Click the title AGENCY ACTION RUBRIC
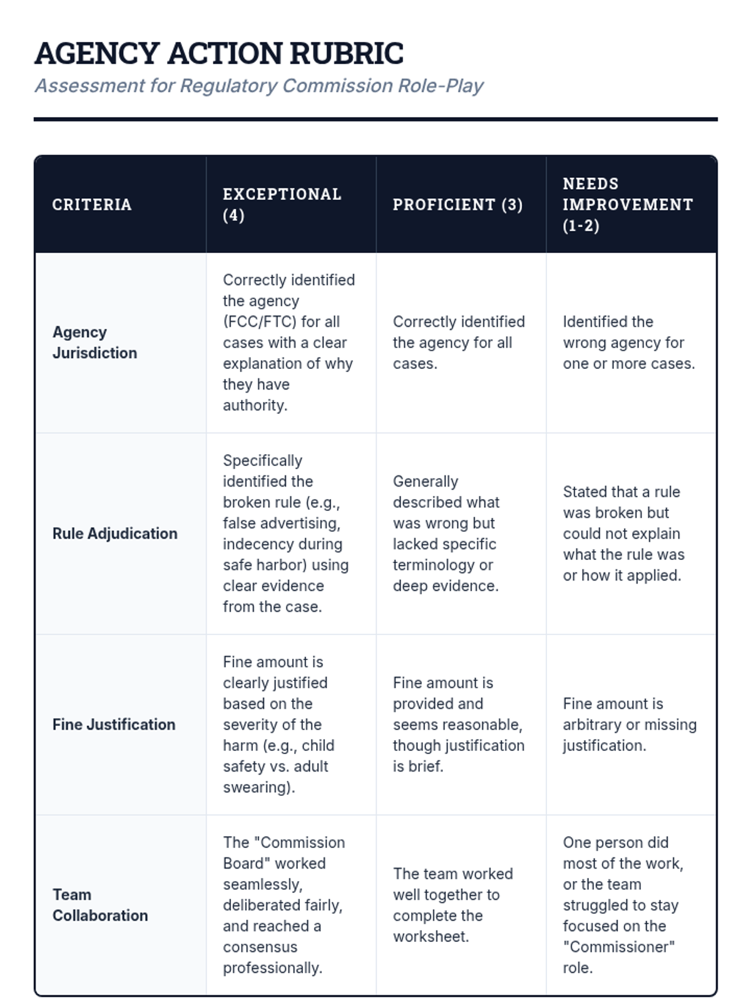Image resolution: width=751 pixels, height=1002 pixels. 219,54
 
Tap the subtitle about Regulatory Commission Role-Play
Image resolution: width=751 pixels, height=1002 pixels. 259,86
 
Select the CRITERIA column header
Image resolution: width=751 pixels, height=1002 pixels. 92,205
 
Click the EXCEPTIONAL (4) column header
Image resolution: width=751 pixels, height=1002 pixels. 282,204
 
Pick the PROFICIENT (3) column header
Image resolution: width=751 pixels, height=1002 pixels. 457,205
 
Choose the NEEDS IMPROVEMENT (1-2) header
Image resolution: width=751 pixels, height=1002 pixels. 627,204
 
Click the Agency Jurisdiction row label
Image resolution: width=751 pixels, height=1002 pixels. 95,342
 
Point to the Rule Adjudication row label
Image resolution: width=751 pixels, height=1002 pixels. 115,534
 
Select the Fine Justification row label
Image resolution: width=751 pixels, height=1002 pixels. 114,725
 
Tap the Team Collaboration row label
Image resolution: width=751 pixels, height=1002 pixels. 100,905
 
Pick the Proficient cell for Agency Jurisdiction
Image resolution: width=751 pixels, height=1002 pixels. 459,343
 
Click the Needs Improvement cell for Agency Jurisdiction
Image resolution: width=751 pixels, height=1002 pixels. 628,343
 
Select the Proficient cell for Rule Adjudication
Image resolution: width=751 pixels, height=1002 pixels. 446,534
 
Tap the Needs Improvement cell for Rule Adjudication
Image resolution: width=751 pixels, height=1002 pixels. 623,534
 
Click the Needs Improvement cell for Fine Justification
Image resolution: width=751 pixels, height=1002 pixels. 629,725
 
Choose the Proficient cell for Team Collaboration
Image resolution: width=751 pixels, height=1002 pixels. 452,905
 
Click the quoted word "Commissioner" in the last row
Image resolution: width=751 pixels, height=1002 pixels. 618,947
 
